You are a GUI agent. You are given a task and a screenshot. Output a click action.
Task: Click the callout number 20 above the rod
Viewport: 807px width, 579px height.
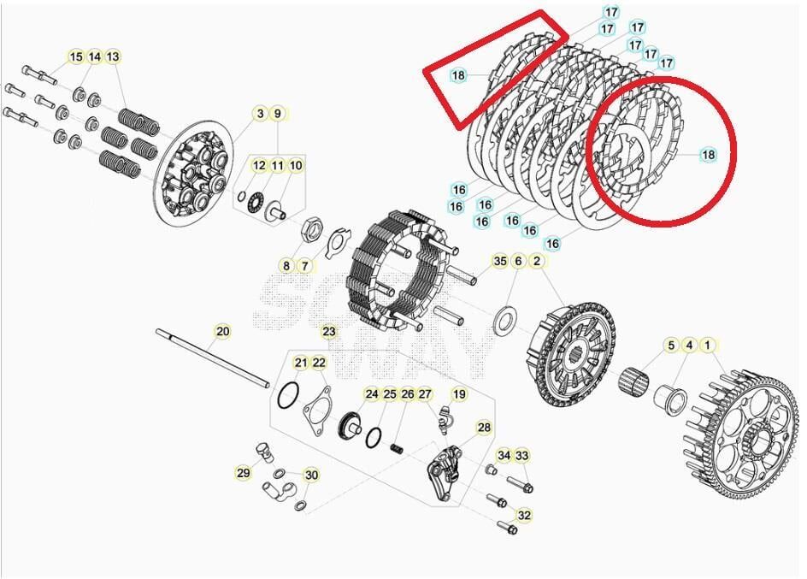point(222,331)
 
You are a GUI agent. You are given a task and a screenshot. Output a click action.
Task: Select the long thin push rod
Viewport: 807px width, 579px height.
point(214,358)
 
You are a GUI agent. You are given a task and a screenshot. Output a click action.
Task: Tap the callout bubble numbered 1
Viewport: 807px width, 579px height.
point(707,345)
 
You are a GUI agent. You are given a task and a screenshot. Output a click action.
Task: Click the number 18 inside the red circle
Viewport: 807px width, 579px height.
point(708,155)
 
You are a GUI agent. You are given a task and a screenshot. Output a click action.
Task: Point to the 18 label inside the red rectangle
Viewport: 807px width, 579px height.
point(458,75)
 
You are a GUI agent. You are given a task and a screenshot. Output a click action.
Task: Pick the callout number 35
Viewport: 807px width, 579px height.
point(499,261)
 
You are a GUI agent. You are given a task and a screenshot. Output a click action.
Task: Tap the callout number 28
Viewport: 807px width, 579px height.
point(484,427)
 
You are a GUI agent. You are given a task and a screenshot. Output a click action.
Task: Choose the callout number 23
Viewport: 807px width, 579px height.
point(329,331)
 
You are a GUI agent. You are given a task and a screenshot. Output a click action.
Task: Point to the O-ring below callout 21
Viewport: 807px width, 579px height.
point(289,398)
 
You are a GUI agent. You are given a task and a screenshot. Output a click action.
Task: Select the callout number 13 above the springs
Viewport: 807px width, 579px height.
point(113,56)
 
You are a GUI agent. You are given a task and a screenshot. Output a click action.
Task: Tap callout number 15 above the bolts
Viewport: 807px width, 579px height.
point(76,56)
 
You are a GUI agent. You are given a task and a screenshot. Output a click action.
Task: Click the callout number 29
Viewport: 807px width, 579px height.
point(243,472)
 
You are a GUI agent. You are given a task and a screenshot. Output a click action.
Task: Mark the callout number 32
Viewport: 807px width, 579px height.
point(524,515)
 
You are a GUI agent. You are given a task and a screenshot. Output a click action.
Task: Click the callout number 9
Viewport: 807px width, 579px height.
point(277,113)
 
